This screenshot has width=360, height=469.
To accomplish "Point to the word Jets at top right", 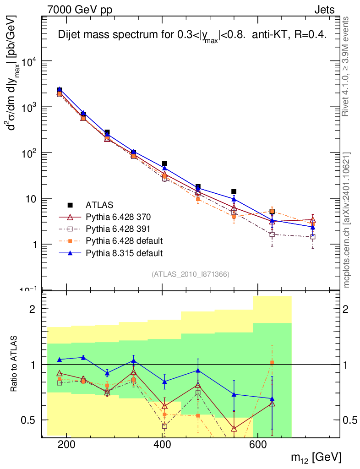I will (324, 10).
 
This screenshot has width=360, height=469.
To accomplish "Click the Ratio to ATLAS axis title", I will (15, 365).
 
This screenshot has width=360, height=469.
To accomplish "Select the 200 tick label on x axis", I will (67, 445).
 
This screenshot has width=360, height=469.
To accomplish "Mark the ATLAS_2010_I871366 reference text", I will (190, 274).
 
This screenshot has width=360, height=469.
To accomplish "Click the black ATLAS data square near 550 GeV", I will (234, 191).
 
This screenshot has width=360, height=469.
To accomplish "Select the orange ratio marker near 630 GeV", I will (272, 363).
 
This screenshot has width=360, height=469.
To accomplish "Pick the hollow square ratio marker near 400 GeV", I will (164, 426).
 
